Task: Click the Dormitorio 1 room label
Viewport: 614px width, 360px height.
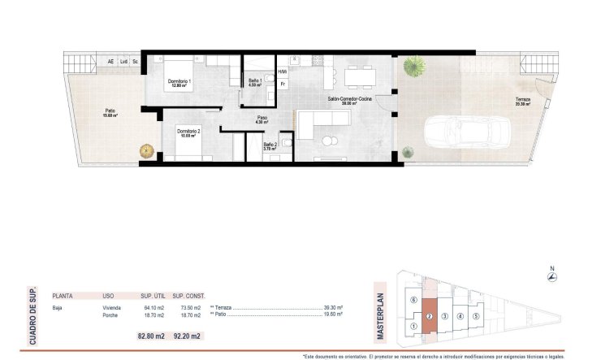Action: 179,82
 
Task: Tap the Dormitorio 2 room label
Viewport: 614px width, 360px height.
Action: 188,132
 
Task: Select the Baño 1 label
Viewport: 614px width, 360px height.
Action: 254,81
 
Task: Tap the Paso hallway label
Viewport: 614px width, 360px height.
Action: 263,119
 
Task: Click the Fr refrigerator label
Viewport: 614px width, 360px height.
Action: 283,84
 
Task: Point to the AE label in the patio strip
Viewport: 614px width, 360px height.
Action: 110,62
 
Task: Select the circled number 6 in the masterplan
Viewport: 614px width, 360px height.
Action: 414,300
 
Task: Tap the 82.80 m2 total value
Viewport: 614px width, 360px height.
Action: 153,336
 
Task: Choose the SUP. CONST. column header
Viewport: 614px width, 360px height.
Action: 188,296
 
